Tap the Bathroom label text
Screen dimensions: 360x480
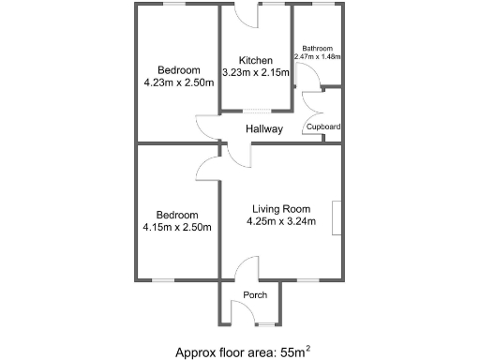(317, 48)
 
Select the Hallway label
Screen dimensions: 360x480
(264, 128)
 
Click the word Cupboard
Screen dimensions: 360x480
(322, 127)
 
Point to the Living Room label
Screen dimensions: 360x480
(280, 209)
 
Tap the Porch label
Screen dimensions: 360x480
(255, 295)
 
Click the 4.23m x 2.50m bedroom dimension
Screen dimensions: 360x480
(178, 82)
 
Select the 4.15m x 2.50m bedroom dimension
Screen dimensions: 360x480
(177, 226)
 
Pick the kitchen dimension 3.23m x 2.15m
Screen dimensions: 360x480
(255, 72)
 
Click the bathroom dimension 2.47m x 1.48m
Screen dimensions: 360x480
(317, 57)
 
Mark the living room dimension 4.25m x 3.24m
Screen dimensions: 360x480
(280, 222)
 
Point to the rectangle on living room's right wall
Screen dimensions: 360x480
(335, 217)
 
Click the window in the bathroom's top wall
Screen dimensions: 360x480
(324, 5)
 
